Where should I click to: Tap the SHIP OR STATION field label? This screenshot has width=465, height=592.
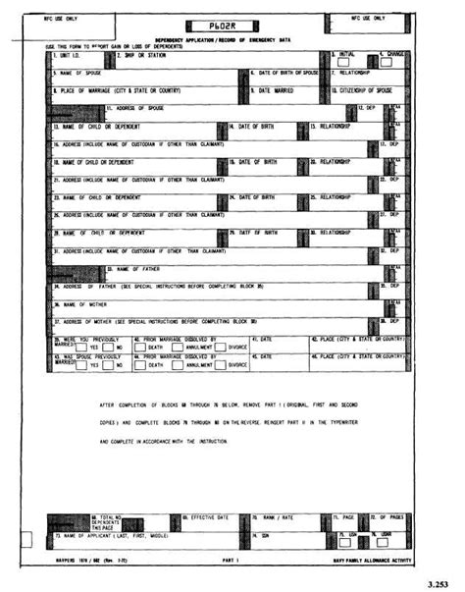(x=143, y=56)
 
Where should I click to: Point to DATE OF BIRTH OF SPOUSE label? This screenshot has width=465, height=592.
(x=288, y=73)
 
